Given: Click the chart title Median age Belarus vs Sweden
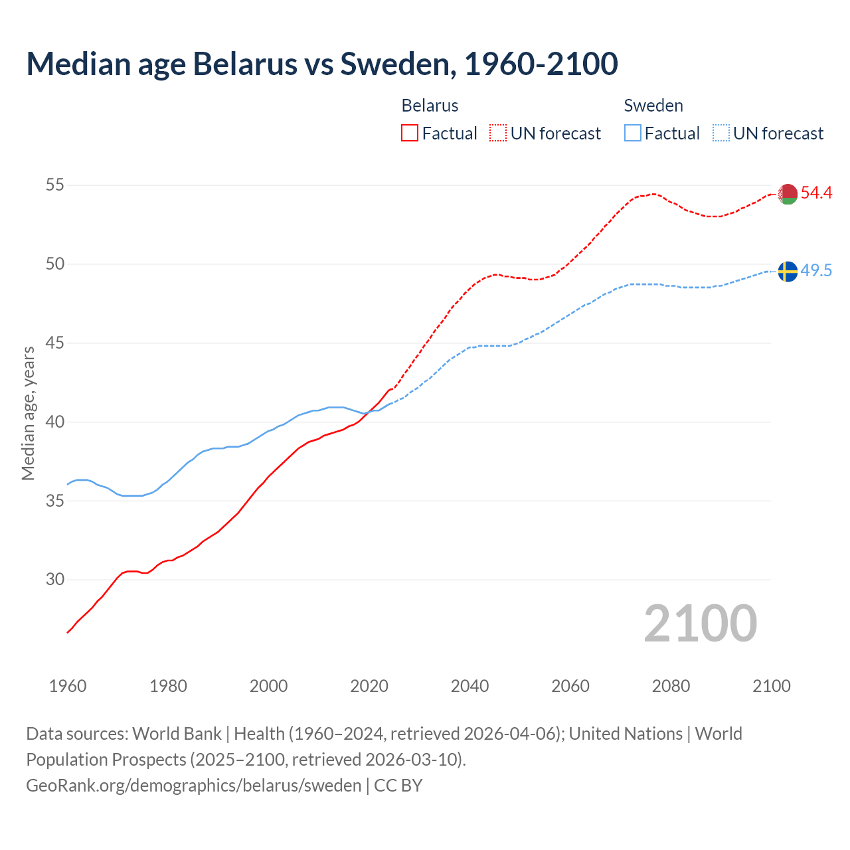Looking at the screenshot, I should pos(322,64).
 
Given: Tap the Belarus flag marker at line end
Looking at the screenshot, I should pos(788,194).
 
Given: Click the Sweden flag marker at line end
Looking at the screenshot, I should pos(788,271).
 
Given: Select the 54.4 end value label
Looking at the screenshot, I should pos(816,193).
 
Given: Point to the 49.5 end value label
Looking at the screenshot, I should pos(816,270).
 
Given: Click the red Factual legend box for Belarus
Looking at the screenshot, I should pos(410,133).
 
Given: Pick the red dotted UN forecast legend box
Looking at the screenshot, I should pos(498,133).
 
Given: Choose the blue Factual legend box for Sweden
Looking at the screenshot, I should pos(633,133).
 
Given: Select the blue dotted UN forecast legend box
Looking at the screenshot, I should pos(721,133).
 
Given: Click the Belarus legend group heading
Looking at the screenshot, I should pos(430,106).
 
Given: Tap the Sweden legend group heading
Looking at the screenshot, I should pos(653,106).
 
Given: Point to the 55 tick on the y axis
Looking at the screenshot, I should pos(55,185).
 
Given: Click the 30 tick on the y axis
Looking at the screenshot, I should pos(55,579).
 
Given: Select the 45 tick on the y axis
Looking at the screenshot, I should pos(55,343).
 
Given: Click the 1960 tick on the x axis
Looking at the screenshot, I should pos(68,686).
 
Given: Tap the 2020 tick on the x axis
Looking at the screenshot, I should pos(369,686).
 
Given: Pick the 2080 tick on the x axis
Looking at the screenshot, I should pos(671,686).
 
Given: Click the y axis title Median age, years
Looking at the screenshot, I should pos(28,413).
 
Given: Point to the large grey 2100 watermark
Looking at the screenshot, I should pos(701,623).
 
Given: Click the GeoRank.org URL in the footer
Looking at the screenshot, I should pos(193,786).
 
